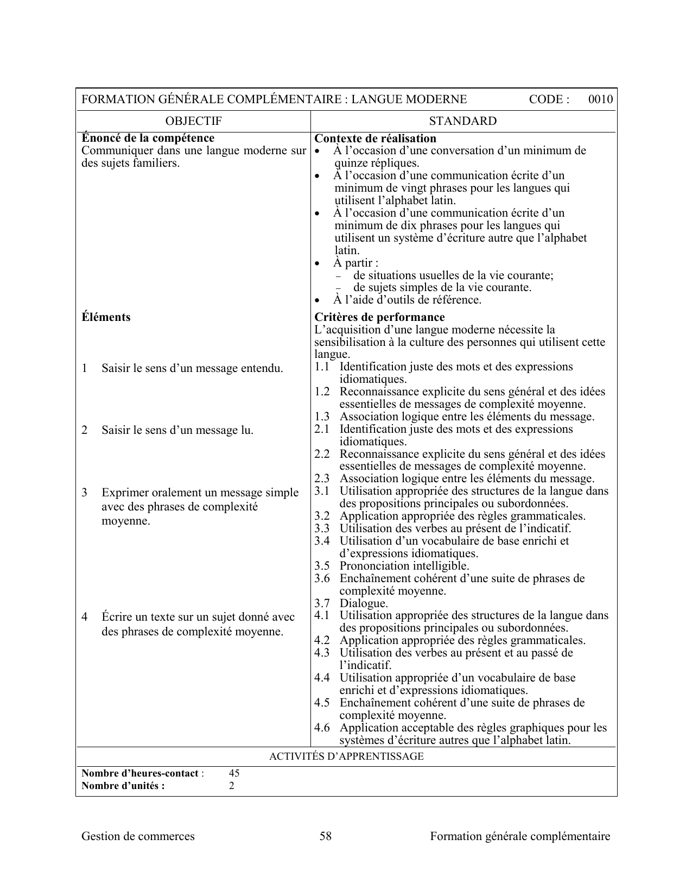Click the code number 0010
600,99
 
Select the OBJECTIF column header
193,121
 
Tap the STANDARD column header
462,121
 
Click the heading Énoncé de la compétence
148,138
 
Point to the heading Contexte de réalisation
376,138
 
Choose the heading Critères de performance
379,317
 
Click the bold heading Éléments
106,317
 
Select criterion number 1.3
322,417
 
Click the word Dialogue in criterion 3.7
364,603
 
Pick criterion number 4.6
322,728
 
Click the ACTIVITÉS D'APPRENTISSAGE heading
346,756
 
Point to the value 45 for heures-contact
234,773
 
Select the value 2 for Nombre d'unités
231,786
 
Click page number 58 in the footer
326,836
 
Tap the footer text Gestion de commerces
138,836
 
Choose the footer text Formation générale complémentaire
520,836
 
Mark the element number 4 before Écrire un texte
85,617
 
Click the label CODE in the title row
548,99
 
